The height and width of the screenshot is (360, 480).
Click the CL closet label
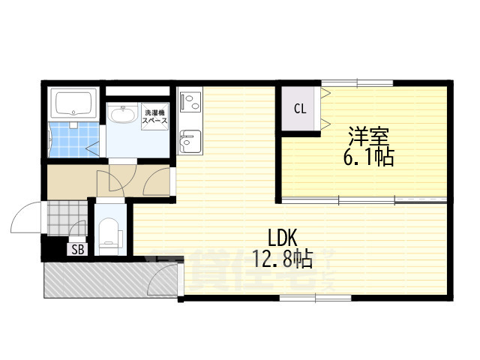click(x=299, y=109)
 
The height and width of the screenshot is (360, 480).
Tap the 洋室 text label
click(x=367, y=136)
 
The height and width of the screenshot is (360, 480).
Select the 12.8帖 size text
click(x=282, y=260)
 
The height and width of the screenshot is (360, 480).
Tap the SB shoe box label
click(x=77, y=250)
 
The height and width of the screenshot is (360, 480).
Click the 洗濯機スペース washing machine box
click(x=155, y=116)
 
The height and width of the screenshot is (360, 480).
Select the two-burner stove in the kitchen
click(x=190, y=100)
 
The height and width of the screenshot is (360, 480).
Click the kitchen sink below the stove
click(x=190, y=139)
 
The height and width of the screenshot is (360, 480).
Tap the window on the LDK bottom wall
click(x=315, y=299)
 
